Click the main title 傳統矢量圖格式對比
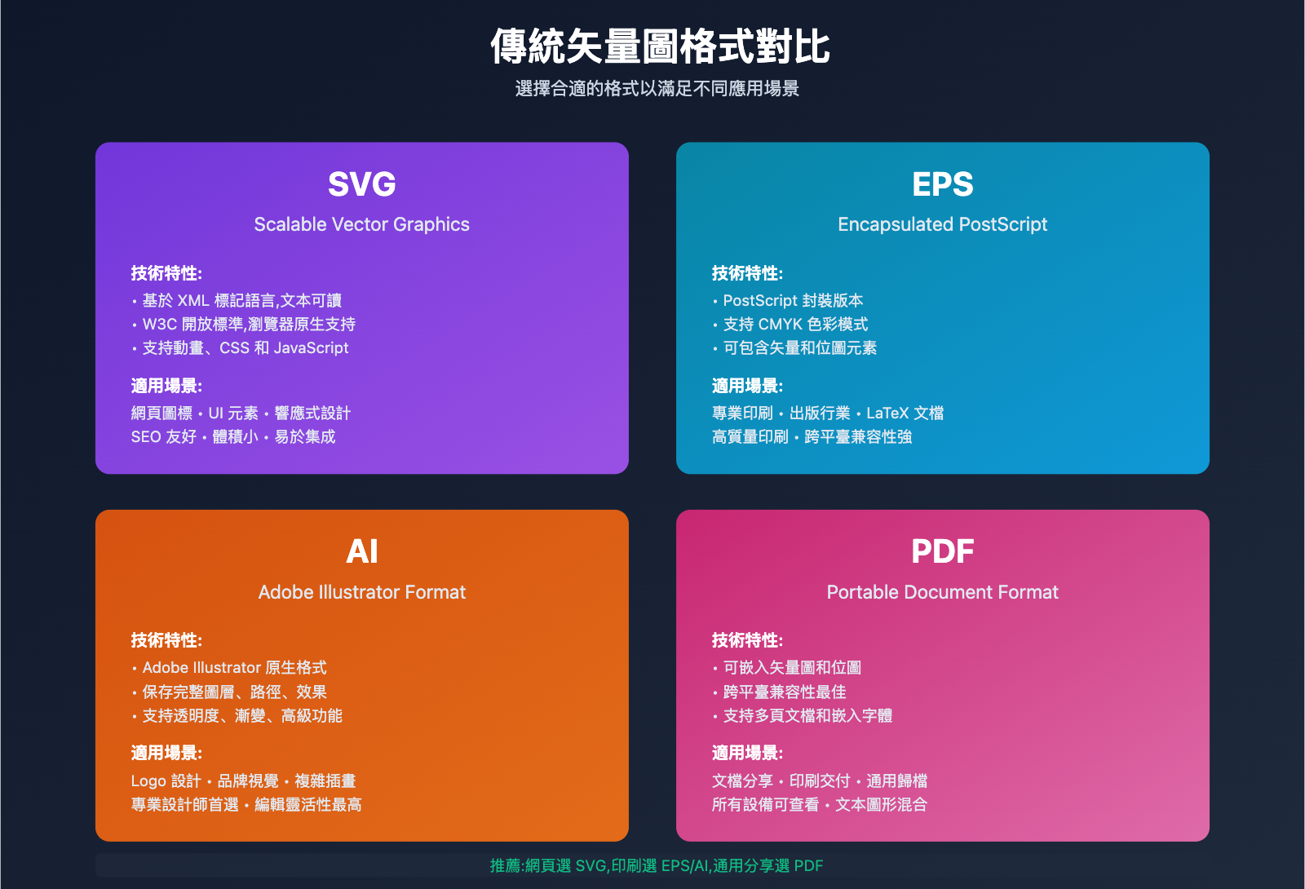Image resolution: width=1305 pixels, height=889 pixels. tap(660, 46)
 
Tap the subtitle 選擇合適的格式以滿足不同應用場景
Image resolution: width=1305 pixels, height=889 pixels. tap(657, 88)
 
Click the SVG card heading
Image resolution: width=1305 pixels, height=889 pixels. tap(361, 184)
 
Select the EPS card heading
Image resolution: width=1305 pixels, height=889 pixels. tap(942, 184)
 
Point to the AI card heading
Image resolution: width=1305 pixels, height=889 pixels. tap(361, 551)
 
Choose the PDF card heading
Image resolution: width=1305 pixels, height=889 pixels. tap(942, 551)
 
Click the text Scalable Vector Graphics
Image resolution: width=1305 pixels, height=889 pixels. tap(361, 224)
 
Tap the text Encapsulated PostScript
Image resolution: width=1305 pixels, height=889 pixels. tap(942, 224)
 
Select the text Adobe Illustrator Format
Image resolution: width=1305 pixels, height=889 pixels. tap(361, 592)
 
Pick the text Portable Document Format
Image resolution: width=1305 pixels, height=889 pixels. tap(942, 592)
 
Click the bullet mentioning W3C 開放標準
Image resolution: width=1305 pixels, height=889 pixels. tap(249, 325)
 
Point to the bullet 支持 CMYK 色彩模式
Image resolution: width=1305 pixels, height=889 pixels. tap(795, 325)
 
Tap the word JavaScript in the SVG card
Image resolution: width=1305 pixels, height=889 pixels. tap(312, 348)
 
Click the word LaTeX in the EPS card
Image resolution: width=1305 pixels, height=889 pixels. tap(887, 414)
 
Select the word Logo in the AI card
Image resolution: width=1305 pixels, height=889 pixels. tap(148, 781)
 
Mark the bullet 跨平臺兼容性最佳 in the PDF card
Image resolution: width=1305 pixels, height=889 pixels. tap(785, 692)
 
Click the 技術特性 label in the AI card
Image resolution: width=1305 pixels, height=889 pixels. tap(166, 640)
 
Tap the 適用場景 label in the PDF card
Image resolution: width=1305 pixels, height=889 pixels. tap(747, 753)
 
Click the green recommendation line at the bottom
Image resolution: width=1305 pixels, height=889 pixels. tap(657, 866)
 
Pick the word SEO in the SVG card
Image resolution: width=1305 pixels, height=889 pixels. tap(146, 437)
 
